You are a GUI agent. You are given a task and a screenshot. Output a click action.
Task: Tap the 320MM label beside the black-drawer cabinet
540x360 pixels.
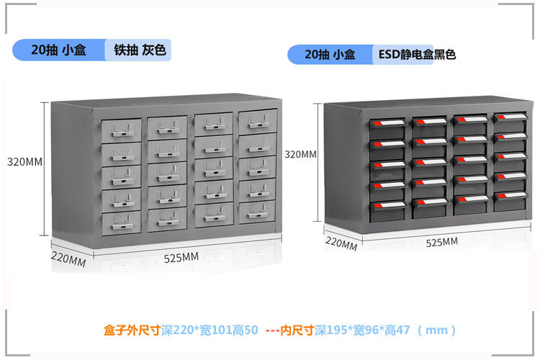[x=300, y=154]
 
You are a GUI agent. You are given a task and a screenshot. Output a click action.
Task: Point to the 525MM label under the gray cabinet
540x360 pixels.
[x=181, y=257]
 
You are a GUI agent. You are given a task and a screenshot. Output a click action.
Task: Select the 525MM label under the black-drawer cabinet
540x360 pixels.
[x=441, y=242]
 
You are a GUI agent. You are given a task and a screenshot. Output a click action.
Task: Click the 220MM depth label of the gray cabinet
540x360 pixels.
[x=68, y=258]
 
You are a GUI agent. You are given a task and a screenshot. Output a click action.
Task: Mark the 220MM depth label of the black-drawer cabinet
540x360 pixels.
[x=341, y=243]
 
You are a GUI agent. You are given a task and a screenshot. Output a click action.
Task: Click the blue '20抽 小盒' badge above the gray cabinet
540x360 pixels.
[x=59, y=50]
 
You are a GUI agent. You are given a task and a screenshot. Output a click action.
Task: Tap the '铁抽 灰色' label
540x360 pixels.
[x=140, y=50]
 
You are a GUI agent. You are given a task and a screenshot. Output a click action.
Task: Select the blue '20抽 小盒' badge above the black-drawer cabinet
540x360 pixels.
[x=330, y=55]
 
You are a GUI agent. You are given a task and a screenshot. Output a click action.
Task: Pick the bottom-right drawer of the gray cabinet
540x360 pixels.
[x=257, y=210]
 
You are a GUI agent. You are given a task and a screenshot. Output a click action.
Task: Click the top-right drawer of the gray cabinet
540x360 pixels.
[x=257, y=120]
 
